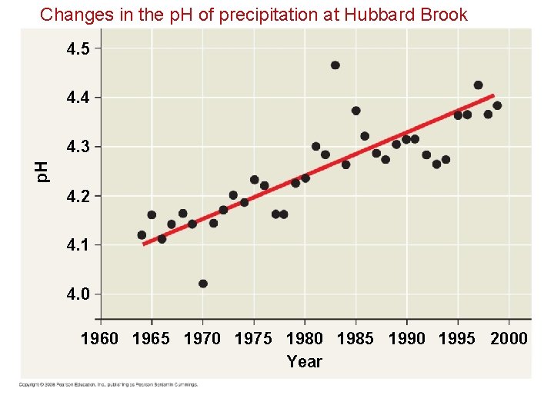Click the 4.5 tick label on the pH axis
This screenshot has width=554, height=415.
coord(78,49)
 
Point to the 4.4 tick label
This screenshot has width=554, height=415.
coord(78,98)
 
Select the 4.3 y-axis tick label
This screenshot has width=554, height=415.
coord(78,147)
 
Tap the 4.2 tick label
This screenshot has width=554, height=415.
coord(78,196)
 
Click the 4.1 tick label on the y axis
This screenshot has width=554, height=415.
coord(78,245)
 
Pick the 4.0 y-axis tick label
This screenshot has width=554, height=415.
coord(78,294)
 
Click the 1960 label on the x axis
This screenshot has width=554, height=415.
coord(100,339)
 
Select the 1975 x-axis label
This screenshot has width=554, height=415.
coord(253,339)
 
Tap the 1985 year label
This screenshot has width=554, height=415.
coord(355,339)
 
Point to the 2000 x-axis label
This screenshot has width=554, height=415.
coord(509,339)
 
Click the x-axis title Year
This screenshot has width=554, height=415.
coord(304,361)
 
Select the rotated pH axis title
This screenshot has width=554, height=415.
coord(43,171)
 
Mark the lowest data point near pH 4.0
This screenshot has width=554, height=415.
coord(203,284)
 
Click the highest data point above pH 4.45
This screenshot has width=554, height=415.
coord(335,65)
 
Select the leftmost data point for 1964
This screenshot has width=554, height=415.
coord(142,235)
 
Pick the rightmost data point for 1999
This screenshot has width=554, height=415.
coord(497,105)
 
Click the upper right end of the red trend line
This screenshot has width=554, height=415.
coord(492,96)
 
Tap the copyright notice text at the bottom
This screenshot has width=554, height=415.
coord(108,384)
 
